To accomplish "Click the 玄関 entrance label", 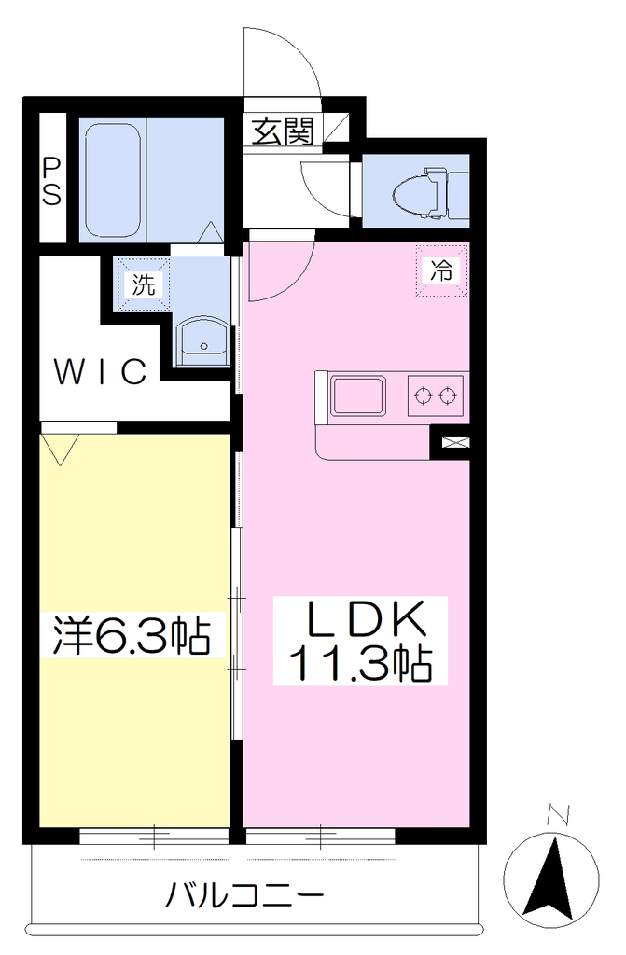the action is click(284, 131).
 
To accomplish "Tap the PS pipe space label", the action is click(52, 182).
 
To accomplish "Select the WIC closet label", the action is click(101, 371).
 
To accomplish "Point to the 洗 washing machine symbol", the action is click(144, 284).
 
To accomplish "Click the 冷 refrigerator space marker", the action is click(442, 270).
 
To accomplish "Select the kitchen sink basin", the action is click(358, 395).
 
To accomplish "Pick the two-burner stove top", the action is click(435, 395).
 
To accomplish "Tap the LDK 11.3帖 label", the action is click(360, 642).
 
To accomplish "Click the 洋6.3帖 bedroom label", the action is click(131, 635).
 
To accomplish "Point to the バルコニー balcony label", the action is click(244, 895).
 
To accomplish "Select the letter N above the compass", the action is click(558, 814).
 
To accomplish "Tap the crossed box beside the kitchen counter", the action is click(452, 443).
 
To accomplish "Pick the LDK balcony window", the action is click(321, 835).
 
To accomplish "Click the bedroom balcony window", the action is click(154, 836).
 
